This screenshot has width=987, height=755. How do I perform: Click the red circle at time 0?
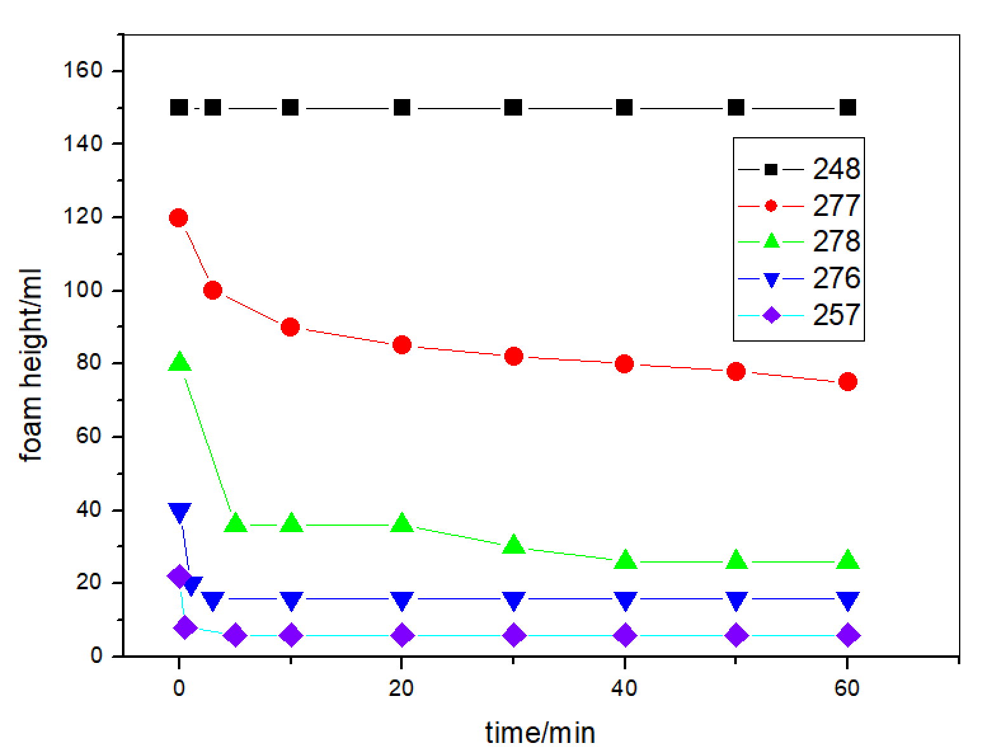point(179,218)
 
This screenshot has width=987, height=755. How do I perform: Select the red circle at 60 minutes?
point(848,382)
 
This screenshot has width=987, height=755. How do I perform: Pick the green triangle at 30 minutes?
point(513,545)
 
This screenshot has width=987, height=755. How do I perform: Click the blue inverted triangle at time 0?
point(179,512)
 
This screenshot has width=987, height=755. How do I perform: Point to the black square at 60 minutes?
point(848,107)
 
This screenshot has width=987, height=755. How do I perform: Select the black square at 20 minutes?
point(401,107)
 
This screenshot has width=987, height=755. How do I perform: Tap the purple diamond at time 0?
point(178,577)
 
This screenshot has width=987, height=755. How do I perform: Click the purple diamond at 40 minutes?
point(625,635)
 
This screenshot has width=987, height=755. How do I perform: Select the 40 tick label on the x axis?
point(624,689)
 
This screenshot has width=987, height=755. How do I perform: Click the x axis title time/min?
point(540,732)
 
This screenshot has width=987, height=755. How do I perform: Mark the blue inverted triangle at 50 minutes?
point(736,600)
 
